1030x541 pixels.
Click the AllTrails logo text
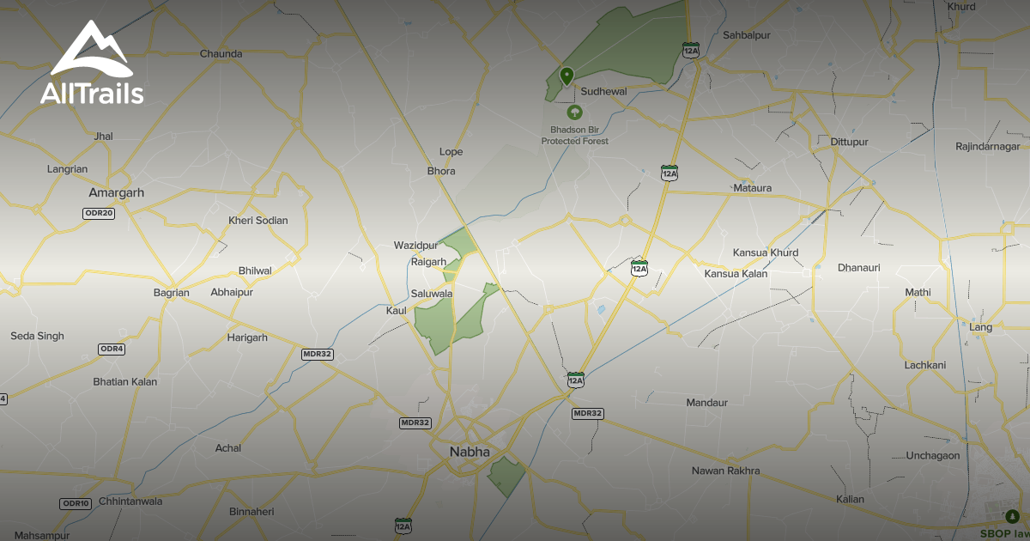[92, 93]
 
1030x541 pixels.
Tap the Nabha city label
[470, 452]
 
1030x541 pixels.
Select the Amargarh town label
[110, 193]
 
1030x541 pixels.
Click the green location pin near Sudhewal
[566, 76]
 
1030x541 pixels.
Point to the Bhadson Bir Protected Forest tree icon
[574, 112]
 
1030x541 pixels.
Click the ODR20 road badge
[99, 213]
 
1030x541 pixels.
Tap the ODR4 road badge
[112, 349]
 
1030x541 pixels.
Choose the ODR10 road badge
[76, 503]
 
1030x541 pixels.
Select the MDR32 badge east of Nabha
[587, 413]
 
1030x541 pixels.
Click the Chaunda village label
[221, 53]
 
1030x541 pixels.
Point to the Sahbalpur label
[747, 35]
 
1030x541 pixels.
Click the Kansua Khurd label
[765, 252]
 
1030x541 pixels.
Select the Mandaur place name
[706, 403]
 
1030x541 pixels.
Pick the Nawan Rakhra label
[725, 471]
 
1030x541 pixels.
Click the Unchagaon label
[932, 456]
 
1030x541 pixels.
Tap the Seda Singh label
[37, 336]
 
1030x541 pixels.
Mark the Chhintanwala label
[130, 501]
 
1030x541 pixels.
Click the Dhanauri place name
[858, 268]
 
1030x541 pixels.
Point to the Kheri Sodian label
[257, 221]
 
